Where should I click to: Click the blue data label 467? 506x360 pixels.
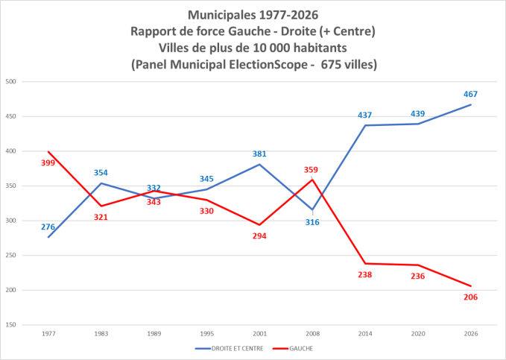point(470,94)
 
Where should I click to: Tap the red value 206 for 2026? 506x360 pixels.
point(470,297)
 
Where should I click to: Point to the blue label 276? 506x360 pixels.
point(48,227)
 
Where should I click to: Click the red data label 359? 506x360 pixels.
point(311,169)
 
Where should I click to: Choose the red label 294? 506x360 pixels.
point(259,236)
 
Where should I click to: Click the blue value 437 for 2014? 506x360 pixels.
point(364,115)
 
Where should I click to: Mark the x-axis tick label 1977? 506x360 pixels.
point(48,333)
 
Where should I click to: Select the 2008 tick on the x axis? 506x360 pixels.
point(311,333)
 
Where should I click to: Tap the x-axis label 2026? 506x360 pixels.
point(470,333)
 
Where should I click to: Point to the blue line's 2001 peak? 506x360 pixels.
point(259,165)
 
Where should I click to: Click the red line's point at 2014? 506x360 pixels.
point(364,263)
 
